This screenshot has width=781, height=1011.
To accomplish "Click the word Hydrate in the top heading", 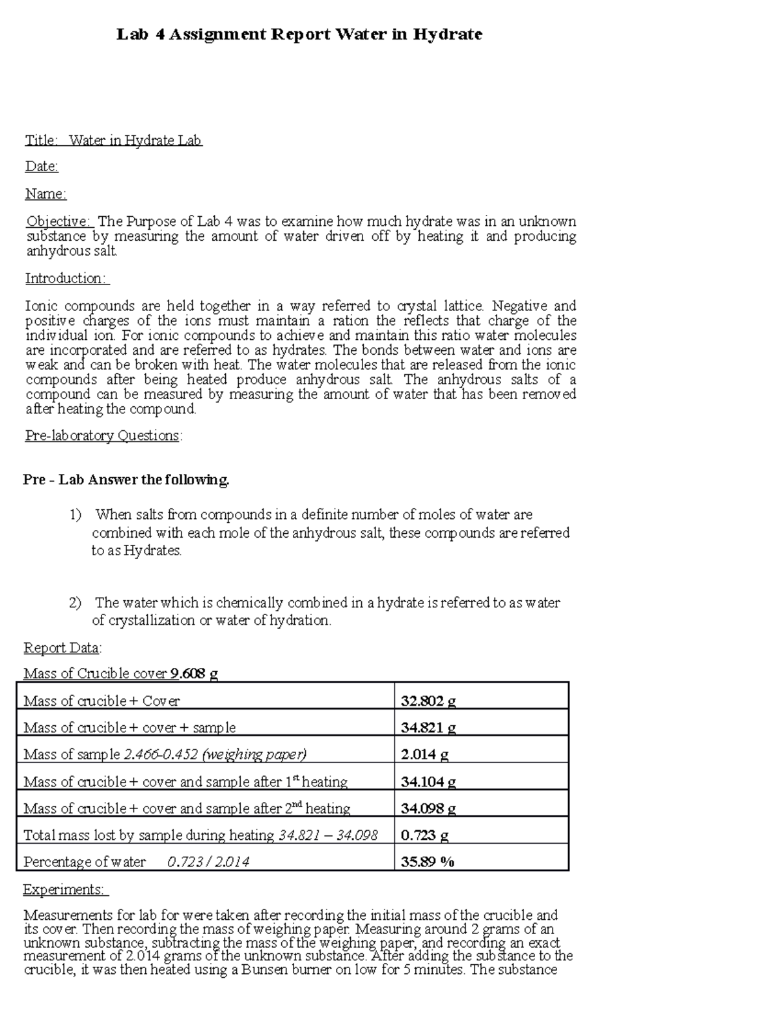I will click(x=447, y=35).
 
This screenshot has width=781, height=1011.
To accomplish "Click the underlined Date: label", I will click(x=42, y=167).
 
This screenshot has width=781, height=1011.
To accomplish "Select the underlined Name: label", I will click(x=46, y=194).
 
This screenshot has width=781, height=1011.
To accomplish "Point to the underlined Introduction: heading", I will click(x=67, y=279).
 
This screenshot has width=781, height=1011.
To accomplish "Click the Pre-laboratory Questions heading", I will click(x=103, y=436).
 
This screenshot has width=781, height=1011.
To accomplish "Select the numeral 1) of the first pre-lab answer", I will click(x=75, y=515).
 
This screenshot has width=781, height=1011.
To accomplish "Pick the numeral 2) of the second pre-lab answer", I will click(x=75, y=603).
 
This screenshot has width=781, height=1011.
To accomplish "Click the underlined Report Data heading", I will click(x=62, y=648).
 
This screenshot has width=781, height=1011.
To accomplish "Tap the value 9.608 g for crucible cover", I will click(x=194, y=674).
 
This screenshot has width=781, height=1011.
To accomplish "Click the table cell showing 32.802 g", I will click(x=428, y=701).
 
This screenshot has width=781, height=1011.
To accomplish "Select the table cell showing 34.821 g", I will click(x=428, y=728).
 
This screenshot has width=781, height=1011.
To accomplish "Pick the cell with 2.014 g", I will click(x=424, y=755).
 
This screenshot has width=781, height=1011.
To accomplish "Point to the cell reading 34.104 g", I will click(x=428, y=782).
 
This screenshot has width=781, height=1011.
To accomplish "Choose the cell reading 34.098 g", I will click(x=428, y=809).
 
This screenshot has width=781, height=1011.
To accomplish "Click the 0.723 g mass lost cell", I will click(x=424, y=835).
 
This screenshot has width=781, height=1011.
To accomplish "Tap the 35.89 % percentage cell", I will click(x=428, y=862).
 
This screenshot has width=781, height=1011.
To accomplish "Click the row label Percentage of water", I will click(x=85, y=862).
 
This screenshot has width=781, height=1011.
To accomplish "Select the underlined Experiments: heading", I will click(x=65, y=889).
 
